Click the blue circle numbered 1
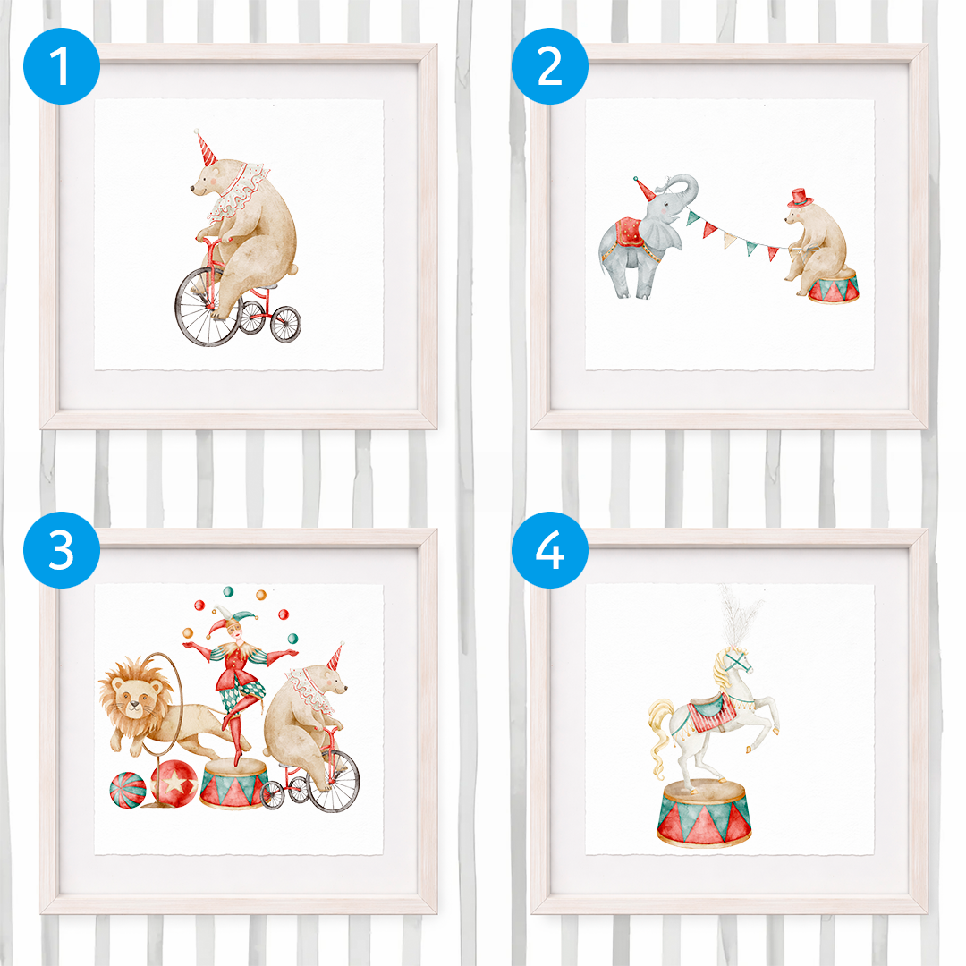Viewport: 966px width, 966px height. click(x=62, y=66)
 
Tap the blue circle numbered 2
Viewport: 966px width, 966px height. click(x=549, y=66)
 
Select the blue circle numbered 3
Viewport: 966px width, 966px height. click(x=62, y=549)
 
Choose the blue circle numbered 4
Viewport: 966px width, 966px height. click(x=549, y=549)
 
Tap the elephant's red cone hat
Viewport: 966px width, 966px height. click(x=644, y=189)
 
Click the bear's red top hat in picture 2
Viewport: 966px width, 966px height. click(x=800, y=198)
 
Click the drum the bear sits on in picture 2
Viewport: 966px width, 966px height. click(x=833, y=286)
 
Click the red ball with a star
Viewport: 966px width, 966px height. click(x=174, y=782)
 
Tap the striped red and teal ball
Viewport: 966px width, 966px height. click(x=128, y=789)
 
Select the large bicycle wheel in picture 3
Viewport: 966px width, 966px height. click(x=334, y=781)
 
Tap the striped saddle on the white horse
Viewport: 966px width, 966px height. click(x=712, y=712)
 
